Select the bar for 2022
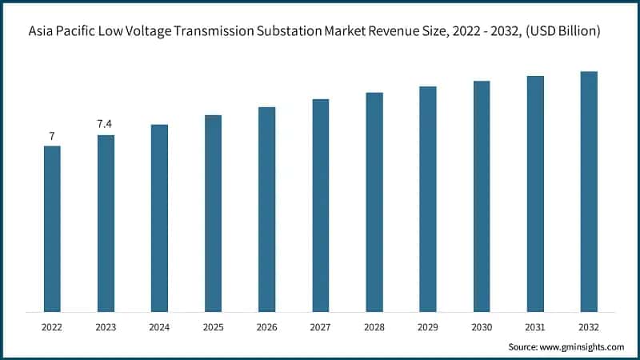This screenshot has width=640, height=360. pos(52,229)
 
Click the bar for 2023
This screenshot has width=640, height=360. pos(106,223)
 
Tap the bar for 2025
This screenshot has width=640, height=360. pos(213,214)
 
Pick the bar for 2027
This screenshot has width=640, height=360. pos(320,206)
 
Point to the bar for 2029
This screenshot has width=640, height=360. pos(428,199)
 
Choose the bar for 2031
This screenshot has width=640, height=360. pos(535,194)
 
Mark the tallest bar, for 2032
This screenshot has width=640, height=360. pos(589,191)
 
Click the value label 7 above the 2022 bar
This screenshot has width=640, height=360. pos(52,137)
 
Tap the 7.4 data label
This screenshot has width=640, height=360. pos(106,125)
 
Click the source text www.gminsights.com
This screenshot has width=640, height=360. pos(583,346)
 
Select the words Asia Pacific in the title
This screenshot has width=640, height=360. pos(60,31)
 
